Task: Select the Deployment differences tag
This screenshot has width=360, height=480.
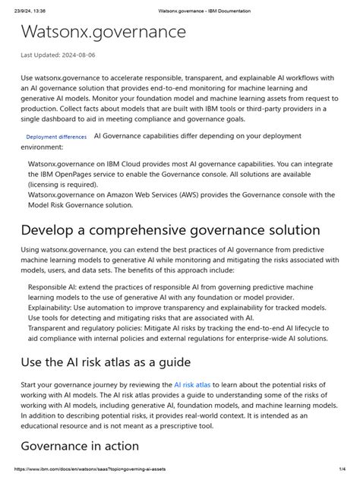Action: (56, 137)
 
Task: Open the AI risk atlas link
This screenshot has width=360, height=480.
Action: (194, 385)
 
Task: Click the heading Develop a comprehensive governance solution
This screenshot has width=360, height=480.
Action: (171, 230)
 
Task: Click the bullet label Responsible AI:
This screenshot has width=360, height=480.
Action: (55, 288)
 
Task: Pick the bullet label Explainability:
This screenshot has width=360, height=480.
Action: (53, 308)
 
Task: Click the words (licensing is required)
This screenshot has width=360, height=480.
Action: (68, 184)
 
